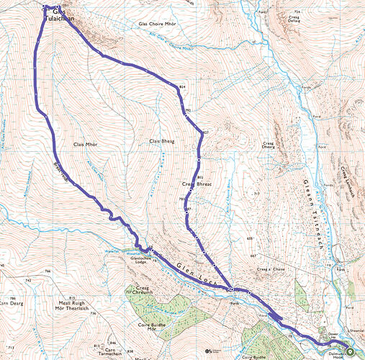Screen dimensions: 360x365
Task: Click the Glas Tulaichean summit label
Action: coord(63,16)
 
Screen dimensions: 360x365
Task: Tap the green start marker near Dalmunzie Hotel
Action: coord(350,351)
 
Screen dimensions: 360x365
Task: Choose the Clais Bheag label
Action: coord(164,140)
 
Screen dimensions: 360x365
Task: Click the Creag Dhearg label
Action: coord(276,146)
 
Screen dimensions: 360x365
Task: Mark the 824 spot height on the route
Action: coord(182,87)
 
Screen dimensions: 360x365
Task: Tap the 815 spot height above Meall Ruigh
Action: coord(71,297)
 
